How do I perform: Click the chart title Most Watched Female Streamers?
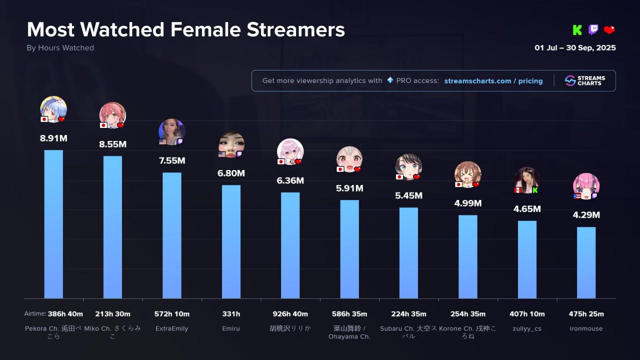(185, 30)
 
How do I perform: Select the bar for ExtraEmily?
(172, 235)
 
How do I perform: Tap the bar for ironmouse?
(586, 262)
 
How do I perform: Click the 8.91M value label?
(53, 138)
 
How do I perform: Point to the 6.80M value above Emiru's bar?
(231, 173)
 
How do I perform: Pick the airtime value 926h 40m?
(290, 314)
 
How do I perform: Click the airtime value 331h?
(231, 314)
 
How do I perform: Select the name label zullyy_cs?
(527, 328)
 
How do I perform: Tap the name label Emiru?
(231, 328)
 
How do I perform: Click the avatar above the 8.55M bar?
(112, 115)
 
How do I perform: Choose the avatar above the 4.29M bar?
(586, 186)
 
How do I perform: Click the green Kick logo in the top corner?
(577, 30)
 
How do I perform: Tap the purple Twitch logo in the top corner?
(593, 30)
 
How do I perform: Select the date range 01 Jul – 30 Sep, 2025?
(575, 48)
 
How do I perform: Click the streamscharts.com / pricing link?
(493, 81)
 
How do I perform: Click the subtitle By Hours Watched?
(60, 48)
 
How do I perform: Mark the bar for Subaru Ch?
(408, 252)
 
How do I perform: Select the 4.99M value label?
(467, 203)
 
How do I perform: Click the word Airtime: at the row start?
(34, 314)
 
